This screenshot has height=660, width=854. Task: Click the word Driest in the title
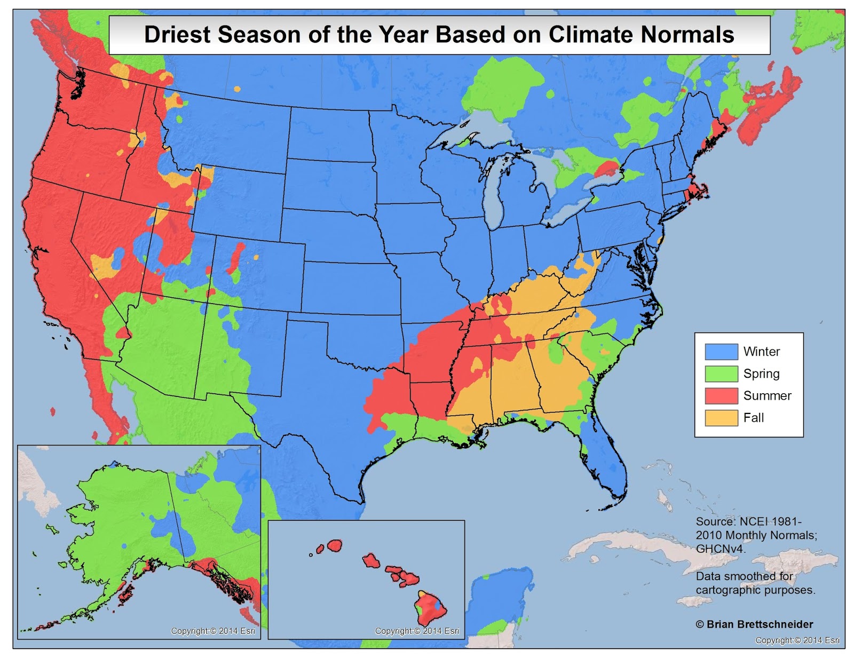(x=178, y=35)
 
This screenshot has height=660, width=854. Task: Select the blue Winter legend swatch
(x=721, y=352)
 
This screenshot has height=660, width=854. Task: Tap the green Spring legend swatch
(x=721, y=373)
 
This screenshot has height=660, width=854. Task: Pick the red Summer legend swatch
(x=721, y=395)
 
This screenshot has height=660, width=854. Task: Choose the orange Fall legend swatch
(x=721, y=417)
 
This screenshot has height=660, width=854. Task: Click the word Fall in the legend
(x=753, y=418)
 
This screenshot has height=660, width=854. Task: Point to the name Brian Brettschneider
(x=760, y=624)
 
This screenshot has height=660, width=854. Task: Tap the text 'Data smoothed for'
(x=744, y=576)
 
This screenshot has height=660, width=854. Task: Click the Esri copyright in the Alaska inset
(x=212, y=631)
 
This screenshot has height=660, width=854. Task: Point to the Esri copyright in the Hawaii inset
(x=417, y=631)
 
